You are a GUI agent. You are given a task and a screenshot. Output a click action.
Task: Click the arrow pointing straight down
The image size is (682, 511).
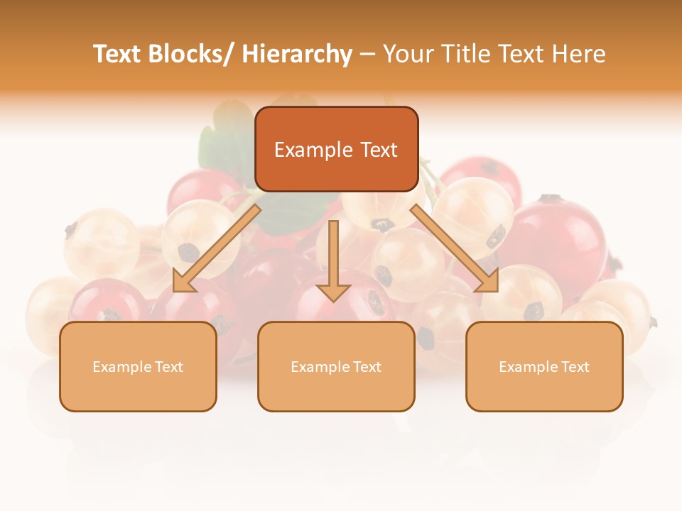pos(333,259)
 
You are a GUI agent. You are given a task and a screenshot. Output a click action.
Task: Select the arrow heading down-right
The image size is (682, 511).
pos(455,248)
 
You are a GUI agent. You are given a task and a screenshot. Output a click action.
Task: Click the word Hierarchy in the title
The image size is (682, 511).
pos(297,54)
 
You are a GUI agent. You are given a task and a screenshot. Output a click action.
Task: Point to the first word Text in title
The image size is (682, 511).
pos(119,54)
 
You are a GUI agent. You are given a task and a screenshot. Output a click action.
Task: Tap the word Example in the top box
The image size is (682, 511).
pos(313,150)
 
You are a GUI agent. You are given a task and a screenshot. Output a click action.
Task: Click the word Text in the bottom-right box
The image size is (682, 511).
pos(574,367)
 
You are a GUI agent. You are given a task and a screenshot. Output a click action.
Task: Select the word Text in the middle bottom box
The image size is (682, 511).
pos(366,367)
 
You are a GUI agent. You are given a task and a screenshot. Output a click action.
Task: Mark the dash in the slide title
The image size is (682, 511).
pos(367,54)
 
